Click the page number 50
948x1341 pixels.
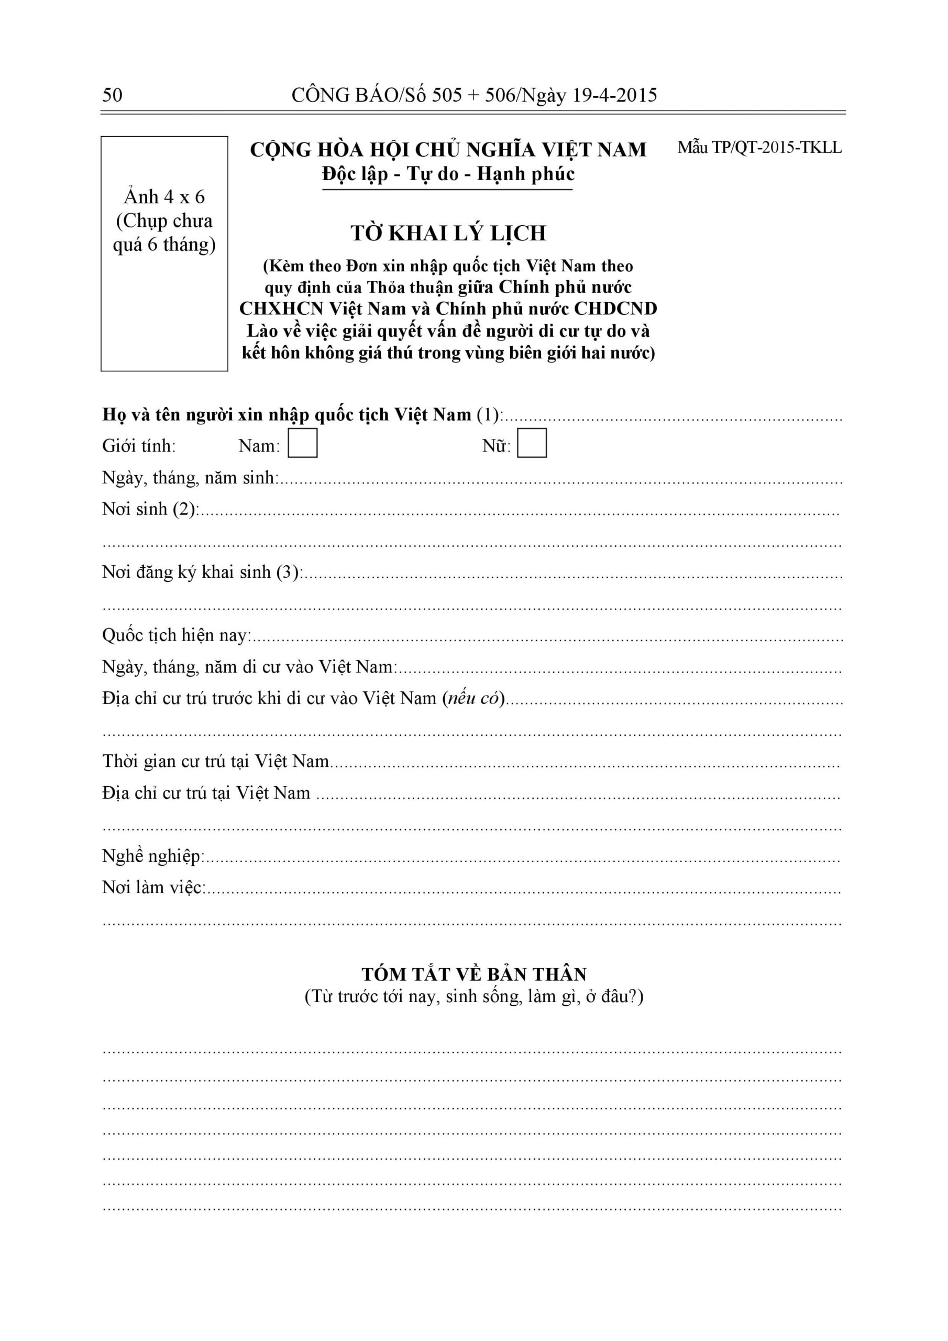pos(112,95)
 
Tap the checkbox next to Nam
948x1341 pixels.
pos(303,443)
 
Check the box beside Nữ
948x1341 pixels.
pos(532,443)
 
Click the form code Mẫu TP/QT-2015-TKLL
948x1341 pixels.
pos(759,148)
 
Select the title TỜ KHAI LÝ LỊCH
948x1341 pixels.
pos(448,233)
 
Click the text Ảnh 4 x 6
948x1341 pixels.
pos(164,197)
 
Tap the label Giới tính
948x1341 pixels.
pos(139,446)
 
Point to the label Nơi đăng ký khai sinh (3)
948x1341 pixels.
pos(202,572)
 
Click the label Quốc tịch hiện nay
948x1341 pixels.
pos(177,635)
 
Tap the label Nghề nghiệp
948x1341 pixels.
pos(153,856)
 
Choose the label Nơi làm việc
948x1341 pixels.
pos(153,888)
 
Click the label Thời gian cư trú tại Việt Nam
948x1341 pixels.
pos(216,761)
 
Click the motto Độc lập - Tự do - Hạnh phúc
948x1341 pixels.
pos(448,174)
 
